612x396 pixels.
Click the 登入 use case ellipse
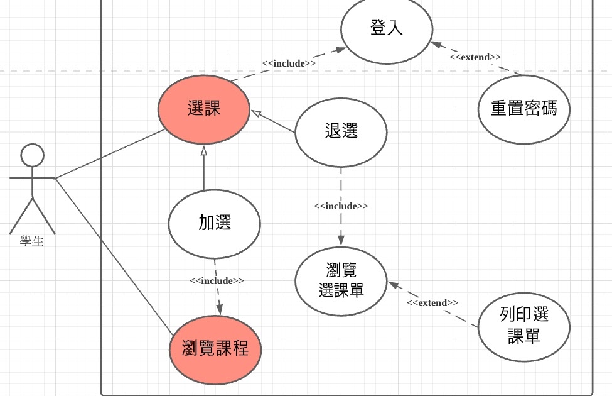(387, 29)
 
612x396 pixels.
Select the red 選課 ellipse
(203, 109)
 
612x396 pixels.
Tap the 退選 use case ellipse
(341, 131)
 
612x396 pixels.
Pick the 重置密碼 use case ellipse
(523, 109)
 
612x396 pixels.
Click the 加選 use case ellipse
(215, 223)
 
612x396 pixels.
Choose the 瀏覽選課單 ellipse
(341, 281)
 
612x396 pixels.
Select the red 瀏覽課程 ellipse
(215, 349)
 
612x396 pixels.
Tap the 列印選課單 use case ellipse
(523, 327)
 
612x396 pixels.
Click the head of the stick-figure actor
(32, 155)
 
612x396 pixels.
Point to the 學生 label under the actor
(32, 241)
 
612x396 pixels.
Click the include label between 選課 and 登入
(289, 63)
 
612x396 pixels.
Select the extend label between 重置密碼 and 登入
(475, 57)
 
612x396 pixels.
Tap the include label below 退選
(341, 206)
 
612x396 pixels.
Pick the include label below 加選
(217, 281)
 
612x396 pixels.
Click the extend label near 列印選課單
(432, 303)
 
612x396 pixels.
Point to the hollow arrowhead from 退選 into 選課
(256, 114)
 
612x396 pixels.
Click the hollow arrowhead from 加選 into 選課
(203, 150)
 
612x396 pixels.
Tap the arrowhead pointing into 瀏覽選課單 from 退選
(341, 241)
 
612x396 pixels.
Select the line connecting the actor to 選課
(110, 155)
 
